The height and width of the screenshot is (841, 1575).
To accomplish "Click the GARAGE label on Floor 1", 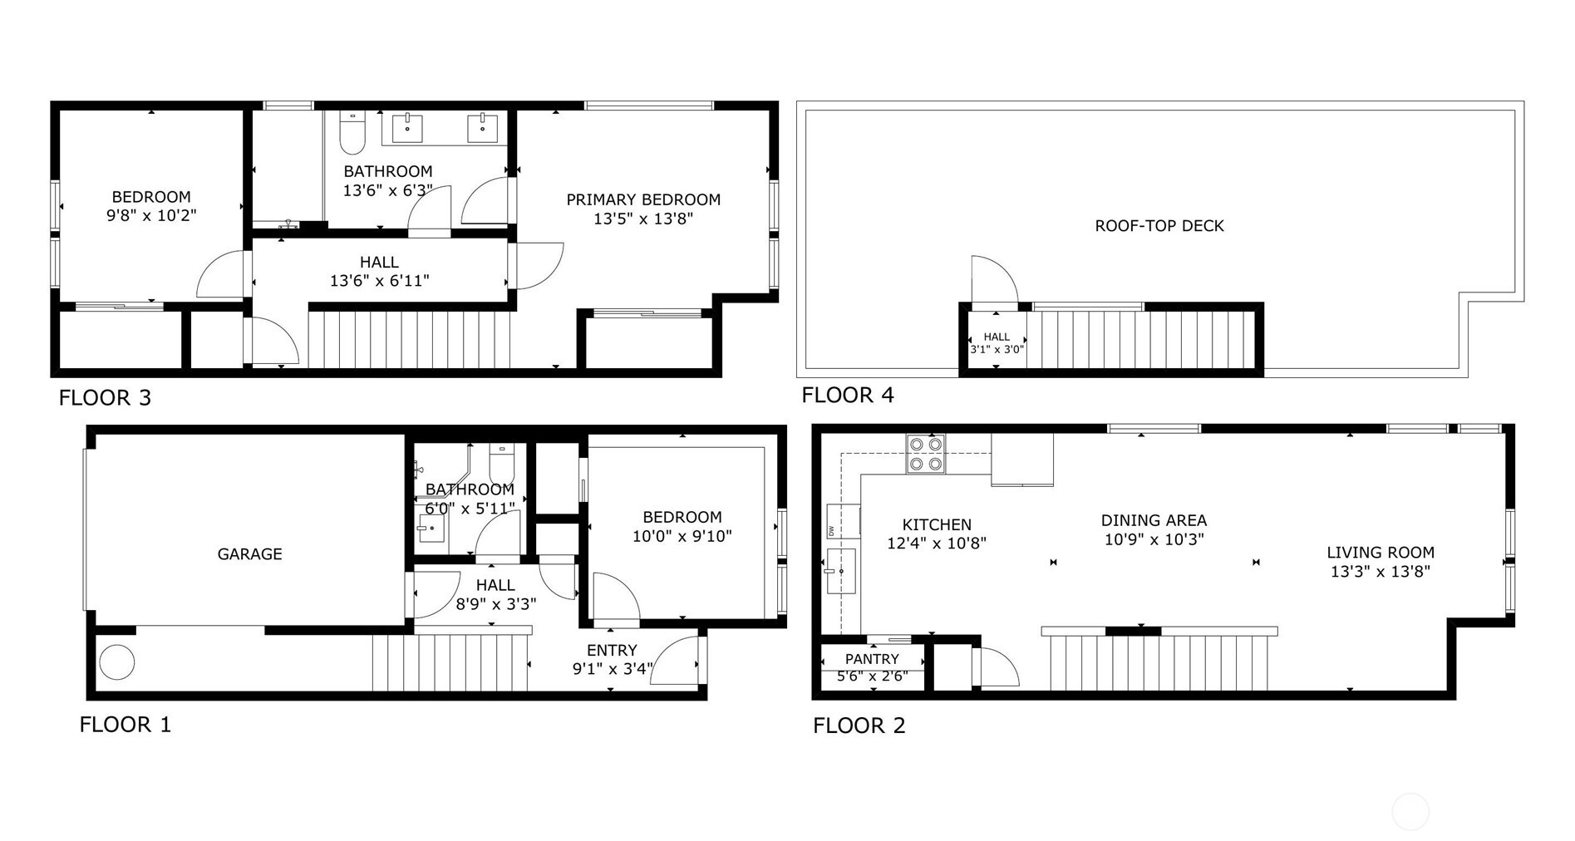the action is click(249, 554).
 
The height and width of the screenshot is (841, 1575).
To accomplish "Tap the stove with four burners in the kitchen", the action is click(926, 454).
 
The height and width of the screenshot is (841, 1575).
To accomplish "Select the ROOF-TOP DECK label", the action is click(1159, 226).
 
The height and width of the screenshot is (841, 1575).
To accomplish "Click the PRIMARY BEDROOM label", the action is click(643, 199).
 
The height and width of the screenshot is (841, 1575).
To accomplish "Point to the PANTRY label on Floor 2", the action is click(872, 659).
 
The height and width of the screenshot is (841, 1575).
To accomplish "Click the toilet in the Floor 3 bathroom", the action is click(352, 134).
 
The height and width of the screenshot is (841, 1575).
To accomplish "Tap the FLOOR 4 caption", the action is click(848, 395).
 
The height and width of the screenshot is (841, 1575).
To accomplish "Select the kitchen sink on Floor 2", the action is click(840, 571).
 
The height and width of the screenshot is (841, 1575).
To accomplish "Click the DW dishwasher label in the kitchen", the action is click(831, 530).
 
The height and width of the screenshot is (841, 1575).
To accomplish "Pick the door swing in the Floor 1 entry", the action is click(675, 660).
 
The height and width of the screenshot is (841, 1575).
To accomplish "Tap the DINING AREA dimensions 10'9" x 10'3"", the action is click(1154, 539).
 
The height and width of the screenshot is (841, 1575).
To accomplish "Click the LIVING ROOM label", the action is click(1381, 552).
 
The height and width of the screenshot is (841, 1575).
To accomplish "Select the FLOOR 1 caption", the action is click(125, 725).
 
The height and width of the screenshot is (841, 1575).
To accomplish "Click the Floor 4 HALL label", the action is click(997, 337).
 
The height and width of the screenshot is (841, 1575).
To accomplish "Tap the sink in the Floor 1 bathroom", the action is click(431, 529).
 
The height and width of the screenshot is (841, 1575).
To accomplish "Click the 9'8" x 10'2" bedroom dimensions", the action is click(152, 216).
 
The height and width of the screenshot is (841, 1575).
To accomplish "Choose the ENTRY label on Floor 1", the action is click(612, 651).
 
